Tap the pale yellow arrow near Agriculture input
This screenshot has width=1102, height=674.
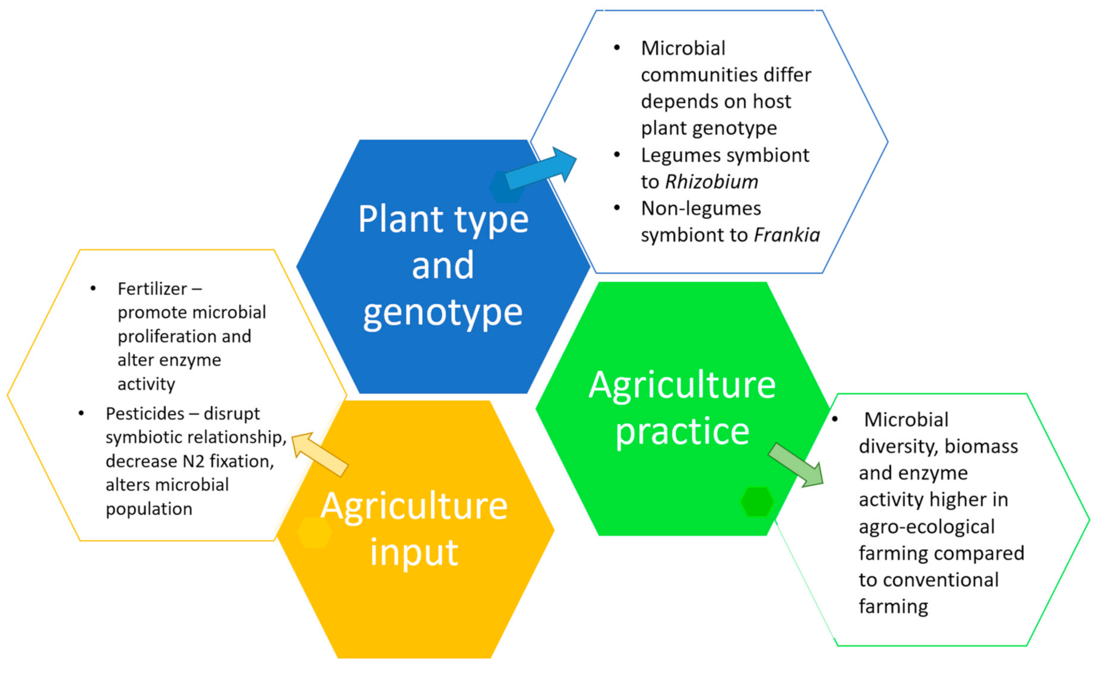click(319, 454)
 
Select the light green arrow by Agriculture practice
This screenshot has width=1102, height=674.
click(796, 465)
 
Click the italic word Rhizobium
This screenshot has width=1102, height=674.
click(711, 182)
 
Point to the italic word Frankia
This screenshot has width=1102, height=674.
click(787, 235)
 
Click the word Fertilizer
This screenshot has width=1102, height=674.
click(153, 289)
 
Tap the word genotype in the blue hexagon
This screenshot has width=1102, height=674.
click(443, 312)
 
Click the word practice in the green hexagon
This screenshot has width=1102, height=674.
click(682, 431)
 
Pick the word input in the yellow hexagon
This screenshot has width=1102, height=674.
click(414, 552)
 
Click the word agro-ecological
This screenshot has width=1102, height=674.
click(926, 527)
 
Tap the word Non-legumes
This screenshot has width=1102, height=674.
click(701, 208)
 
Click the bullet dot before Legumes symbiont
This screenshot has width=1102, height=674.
click(617, 155)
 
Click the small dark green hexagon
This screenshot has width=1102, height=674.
click(757, 502)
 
